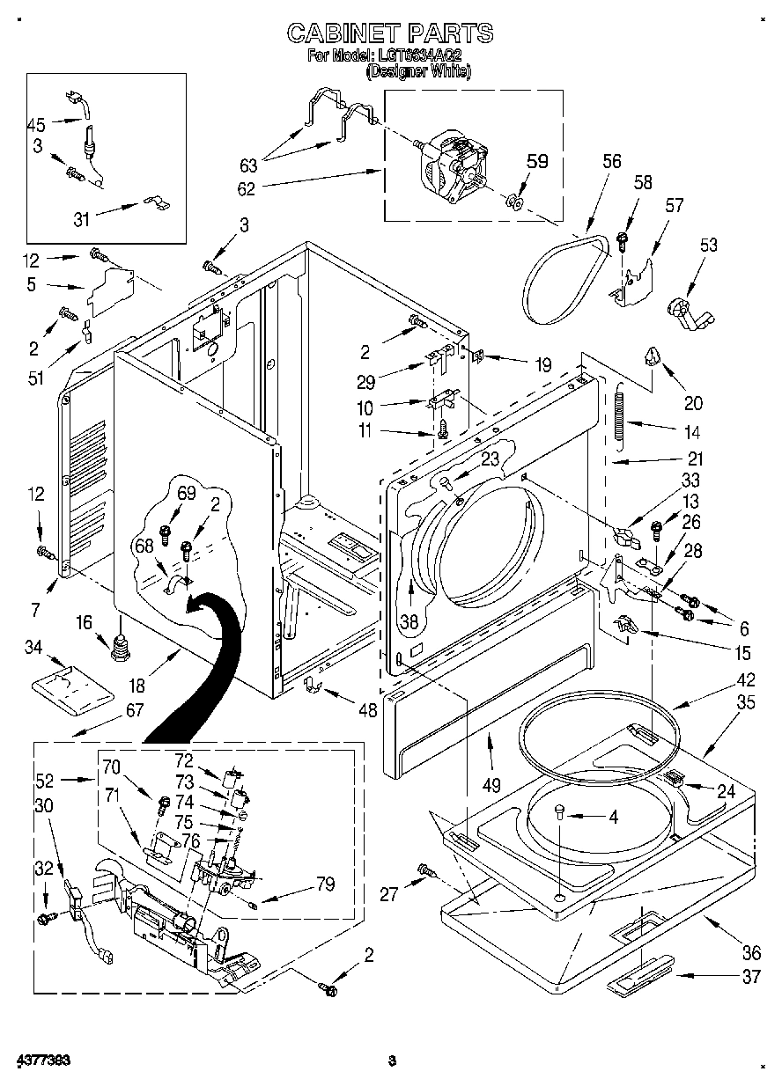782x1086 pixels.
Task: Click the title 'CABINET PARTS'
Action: [x=390, y=33]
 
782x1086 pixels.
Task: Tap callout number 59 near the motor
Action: [x=536, y=161]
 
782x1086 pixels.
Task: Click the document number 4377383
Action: [x=42, y=1060]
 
